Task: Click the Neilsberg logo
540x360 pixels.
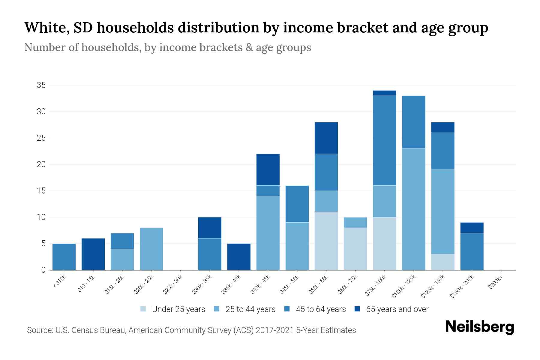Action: pyautogui.click(x=480, y=327)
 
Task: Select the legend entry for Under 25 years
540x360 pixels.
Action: pyautogui.click(x=172, y=309)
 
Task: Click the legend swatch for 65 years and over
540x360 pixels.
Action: pyautogui.click(x=357, y=309)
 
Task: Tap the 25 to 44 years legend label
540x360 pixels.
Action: pyautogui.click(x=250, y=309)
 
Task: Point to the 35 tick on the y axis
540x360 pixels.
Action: pyautogui.click(x=41, y=85)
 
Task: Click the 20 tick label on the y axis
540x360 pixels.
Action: pyautogui.click(x=41, y=164)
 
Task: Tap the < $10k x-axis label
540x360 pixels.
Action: pyautogui.click(x=60, y=282)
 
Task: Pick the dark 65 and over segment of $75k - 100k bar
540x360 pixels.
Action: pyautogui.click(x=385, y=93)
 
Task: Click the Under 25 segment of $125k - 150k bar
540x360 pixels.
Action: pyautogui.click(x=443, y=262)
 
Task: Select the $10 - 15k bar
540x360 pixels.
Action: pyautogui.click(x=93, y=254)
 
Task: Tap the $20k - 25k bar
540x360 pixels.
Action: pyautogui.click(x=151, y=249)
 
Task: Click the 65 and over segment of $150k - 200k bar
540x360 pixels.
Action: pyautogui.click(x=472, y=228)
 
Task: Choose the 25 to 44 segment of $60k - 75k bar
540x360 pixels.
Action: pyautogui.click(x=355, y=222)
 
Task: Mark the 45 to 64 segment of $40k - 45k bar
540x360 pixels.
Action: pyautogui.click(x=268, y=191)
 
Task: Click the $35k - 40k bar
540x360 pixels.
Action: pyautogui.click(x=239, y=257)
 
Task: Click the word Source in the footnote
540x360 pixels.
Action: pyautogui.click(x=39, y=330)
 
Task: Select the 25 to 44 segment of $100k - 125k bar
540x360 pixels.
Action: pyautogui.click(x=414, y=209)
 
